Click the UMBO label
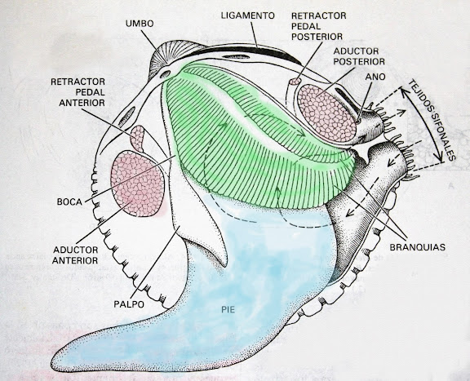(140, 24)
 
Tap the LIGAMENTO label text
(248, 16)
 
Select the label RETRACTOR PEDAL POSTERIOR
(318, 26)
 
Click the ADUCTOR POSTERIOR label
(359, 56)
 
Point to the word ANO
(375, 77)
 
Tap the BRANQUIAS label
(417, 247)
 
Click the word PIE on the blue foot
(228, 310)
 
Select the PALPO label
(129, 304)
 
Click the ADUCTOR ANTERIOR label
(76, 255)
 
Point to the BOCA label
(69, 202)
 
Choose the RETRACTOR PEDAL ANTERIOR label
(78, 92)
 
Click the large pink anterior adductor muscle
(138, 184)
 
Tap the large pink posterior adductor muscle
(327, 113)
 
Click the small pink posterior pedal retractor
(295, 81)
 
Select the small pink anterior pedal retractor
(138, 138)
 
